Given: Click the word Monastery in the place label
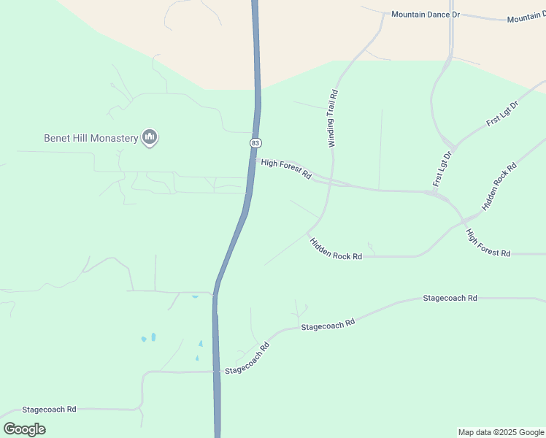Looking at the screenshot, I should pyautogui.click(x=114, y=137).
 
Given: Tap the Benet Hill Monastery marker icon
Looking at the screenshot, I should pyautogui.click(x=150, y=137).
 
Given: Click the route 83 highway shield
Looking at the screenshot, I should pyautogui.click(x=254, y=142).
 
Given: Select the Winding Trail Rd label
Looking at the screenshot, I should pyautogui.click(x=334, y=119).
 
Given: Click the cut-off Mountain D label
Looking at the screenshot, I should pyautogui.click(x=526, y=18).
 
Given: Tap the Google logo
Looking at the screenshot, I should pyautogui.click(x=24, y=429).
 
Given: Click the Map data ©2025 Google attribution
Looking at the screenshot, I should pyautogui.click(x=501, y=432).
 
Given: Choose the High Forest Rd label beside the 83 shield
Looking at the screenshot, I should pyautogui.click(x=286, y=169).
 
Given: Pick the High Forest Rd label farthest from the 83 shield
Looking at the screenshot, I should pyautogui.click(x=488, y=243).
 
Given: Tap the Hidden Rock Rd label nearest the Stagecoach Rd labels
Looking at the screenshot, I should pyautogui.click(x=336, y=249).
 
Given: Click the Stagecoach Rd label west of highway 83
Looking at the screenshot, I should pyautogui.click(x=49, y=410).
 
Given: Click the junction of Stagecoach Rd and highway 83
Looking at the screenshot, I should pyautogui.click(x=217, y=371).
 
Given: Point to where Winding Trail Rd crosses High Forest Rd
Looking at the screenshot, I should pyautogui.click(x=330, y=181).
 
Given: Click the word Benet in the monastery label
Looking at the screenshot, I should pyautogui.click(x=58, y=137).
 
